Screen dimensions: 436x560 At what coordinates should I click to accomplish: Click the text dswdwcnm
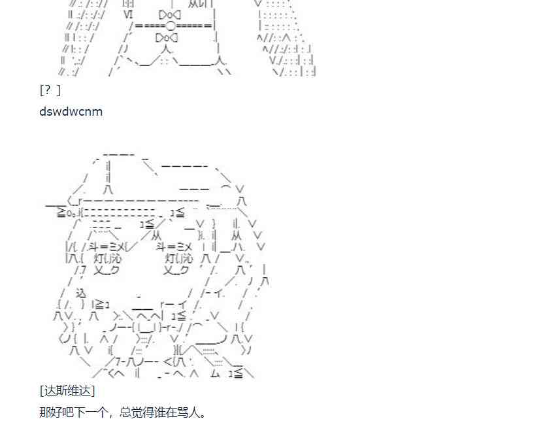[x=71, y=111]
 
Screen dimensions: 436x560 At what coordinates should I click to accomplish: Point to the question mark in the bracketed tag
[x=48, y=90]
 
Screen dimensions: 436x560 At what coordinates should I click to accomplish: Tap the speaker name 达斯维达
[x=67, y=390]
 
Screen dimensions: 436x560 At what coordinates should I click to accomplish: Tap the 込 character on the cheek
[x=81, y=293]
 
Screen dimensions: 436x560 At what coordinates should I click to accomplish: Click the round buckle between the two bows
[x=170, y=25]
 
